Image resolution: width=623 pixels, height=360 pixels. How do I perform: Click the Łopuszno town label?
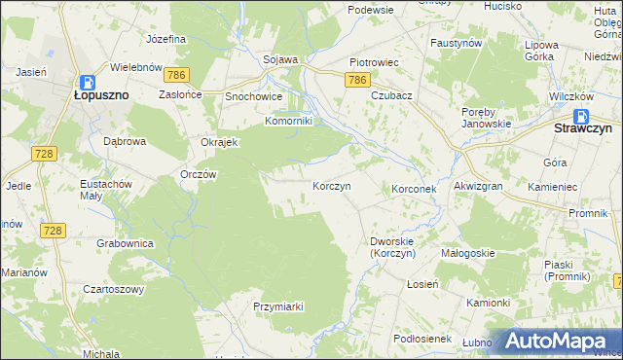coord(101,96)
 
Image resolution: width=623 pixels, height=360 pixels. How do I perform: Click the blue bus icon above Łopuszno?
coord(86,83)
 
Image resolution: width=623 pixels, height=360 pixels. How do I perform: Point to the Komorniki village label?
coord(288,122)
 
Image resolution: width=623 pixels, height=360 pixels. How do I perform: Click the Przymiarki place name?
coord(278,306)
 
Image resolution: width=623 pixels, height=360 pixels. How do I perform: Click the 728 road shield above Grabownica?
coord(53,230)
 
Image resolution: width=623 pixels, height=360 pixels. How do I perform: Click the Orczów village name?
coord(199,174)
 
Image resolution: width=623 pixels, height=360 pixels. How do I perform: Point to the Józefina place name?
coord(165,39)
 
